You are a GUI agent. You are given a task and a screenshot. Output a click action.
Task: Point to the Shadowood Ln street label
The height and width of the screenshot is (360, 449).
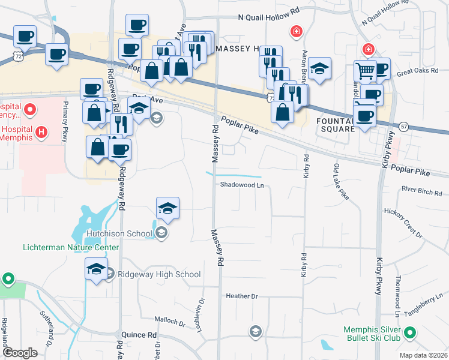pos(242,185)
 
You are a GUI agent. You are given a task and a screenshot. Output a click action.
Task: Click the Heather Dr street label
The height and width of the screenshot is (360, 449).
pos(241,296)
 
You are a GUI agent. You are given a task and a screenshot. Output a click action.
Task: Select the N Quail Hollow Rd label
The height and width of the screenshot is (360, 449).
pos(268,19)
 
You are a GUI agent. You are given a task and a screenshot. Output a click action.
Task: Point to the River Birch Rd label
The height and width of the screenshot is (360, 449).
pos(422,191)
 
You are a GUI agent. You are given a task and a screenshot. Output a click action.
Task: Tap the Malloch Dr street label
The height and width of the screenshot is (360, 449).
pos(170,322)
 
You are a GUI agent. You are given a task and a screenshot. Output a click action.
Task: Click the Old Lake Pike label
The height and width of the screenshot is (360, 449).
pos(340,181)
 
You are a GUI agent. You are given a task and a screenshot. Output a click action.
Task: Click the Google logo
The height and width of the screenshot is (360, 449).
pos(20,353)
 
